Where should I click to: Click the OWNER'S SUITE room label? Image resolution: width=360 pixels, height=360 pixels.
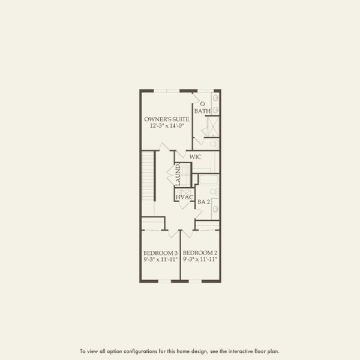tap(167, 119)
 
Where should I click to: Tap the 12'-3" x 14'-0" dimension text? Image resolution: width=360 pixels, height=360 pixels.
tap(167, 127)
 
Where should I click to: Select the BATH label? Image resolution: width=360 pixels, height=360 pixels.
tap(202, 112)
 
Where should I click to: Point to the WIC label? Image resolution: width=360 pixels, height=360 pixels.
tap(195, 157)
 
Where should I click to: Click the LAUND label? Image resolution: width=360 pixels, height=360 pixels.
tap(178, 175)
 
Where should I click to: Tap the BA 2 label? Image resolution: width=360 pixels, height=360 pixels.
tap(203, 202)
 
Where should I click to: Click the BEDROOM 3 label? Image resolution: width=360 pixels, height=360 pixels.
tap(160, 253)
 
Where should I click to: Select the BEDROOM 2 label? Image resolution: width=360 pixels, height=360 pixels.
tap(200, 253)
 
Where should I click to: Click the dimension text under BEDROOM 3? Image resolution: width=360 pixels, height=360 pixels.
tap(160, 260)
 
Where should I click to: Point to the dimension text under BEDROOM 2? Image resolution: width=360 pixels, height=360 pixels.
tap(200, 260)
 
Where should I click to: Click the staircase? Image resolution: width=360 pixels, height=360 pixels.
tap(148, 176)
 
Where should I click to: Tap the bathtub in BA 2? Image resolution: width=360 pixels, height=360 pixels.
tap(209, 179)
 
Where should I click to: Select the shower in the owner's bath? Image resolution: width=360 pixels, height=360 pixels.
tap(212, 127)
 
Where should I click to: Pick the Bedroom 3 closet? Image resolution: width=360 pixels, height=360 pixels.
tap(153, 224)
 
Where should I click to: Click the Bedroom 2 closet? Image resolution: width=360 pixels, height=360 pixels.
tap(208, 225)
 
